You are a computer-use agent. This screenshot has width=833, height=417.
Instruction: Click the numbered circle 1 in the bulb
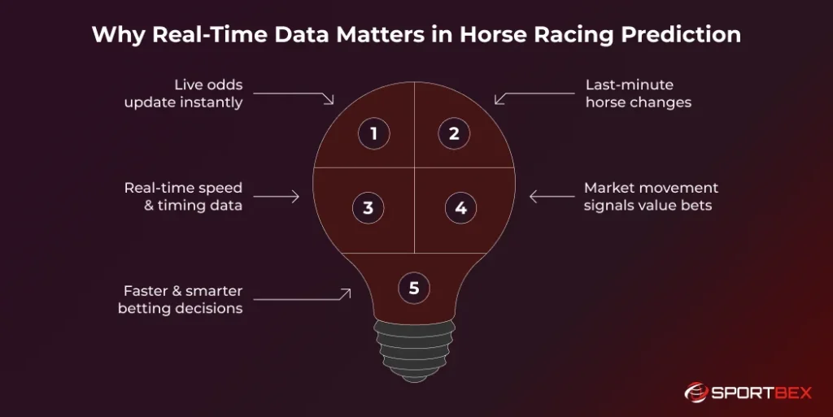(374, 133)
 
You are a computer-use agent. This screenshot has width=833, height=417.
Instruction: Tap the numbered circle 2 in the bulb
(454, 133)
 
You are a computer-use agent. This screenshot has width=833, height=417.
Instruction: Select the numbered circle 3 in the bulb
(368, 207)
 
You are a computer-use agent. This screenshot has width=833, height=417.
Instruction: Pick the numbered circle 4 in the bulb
(460, 207)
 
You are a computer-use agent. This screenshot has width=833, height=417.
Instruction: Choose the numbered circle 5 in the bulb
(414, 287)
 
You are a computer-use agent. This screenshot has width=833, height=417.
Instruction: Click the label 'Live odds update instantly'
(184, 94)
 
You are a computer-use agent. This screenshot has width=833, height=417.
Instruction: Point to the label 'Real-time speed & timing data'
(183, 197)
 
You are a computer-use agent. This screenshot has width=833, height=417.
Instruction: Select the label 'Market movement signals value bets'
(651, 197)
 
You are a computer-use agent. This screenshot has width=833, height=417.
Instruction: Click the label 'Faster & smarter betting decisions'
(181, 299)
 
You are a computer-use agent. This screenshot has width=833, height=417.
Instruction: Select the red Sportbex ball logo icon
(695, 393)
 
